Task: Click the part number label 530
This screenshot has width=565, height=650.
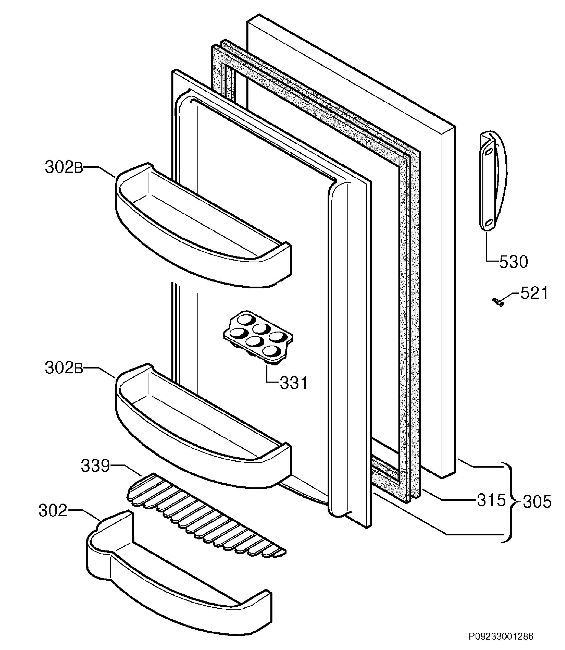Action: pyautogui.click(x=513, y=262)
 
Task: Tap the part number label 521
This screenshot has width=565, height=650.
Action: pyautogui.click(x=534, y=293)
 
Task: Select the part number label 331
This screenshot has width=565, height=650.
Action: pyautogui.click(x=293, y=383)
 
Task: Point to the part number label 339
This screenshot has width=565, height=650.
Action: pyautogui.click(x=96, y=466)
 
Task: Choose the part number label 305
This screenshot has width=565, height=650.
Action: pyautogui.click(x=537, y=502)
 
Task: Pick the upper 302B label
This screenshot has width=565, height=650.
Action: pyautogui.click(x=64, y=167)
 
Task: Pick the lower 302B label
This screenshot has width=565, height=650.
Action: pyautogui.click(x=64, y=368)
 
